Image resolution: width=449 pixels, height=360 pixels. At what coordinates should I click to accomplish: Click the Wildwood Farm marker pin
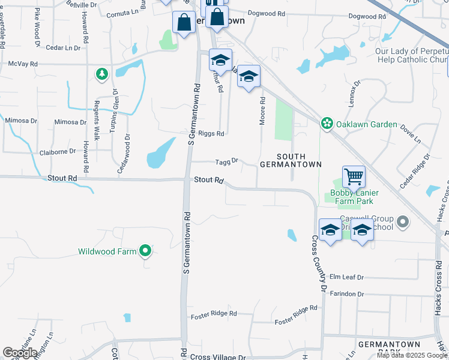(x=145, y=251)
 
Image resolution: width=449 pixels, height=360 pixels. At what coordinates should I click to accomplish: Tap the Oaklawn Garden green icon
(x=327, y=124)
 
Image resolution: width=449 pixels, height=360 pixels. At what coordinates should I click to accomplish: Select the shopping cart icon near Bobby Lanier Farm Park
(x=354, y=177)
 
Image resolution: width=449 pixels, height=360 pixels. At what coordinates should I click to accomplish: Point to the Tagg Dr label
(x=228, y=161)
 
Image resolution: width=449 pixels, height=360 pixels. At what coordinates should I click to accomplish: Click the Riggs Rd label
(x=212, y=134)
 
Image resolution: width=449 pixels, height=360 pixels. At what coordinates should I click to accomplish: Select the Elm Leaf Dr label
(x=348, y=277)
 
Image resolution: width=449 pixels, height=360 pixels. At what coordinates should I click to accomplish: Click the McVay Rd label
(x=23, y=63)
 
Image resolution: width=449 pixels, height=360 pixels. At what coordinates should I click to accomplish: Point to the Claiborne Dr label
(x=58, y=152)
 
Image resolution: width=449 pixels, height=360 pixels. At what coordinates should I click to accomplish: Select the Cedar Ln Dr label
(x=62, y=47)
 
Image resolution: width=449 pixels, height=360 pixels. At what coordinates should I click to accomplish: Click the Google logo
(x=20, y=353)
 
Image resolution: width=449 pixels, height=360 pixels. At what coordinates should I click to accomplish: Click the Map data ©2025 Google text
(x=412, y=355)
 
